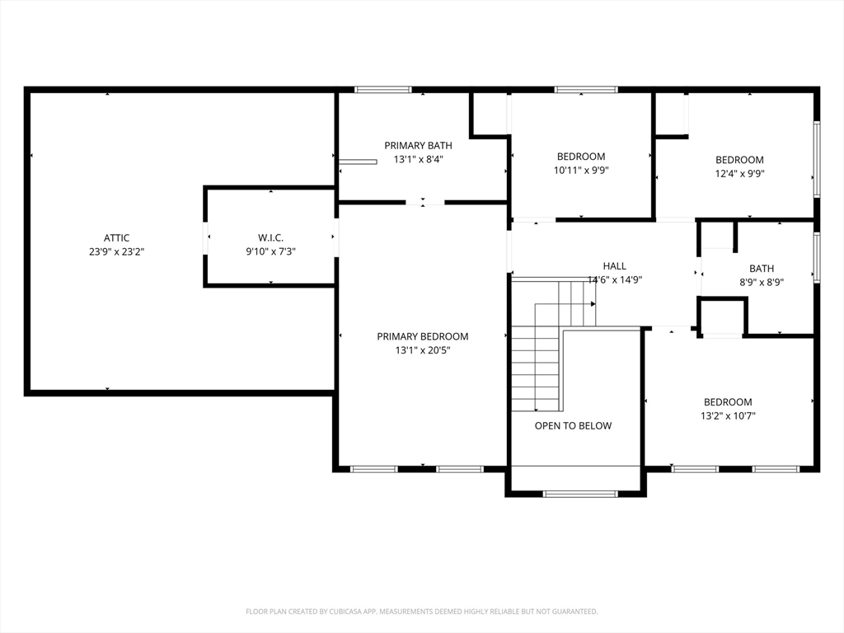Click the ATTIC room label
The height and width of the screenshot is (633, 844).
click(117, 238)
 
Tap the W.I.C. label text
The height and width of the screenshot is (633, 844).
click(270, 238)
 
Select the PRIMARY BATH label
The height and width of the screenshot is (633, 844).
click(418, 145)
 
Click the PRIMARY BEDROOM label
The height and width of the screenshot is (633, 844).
click(423, 336)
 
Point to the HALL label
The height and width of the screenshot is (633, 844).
click(615, 266)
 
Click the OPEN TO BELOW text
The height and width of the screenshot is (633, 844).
click(574, 426)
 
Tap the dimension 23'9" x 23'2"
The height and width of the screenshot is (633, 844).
click(117, 251)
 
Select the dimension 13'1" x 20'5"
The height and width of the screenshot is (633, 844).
click(423, 350)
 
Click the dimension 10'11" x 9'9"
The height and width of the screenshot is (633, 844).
click(581, 170)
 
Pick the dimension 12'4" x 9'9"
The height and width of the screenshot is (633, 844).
click(739, 173)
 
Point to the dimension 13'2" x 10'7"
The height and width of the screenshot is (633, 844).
click(729, 415)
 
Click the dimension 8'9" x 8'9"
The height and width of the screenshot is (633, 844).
click(762, 282)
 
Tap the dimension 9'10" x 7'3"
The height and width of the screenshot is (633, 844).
click(270, 251)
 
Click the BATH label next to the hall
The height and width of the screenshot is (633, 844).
click(762, 269)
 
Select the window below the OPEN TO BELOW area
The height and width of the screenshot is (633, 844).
click(580, 494)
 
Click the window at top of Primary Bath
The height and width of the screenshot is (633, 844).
click(382, 90)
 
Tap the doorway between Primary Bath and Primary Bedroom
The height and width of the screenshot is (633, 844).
click(425, 203)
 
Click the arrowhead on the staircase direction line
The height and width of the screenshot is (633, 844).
click(593, 304)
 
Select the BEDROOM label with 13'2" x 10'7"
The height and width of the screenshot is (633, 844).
click(729, 402)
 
